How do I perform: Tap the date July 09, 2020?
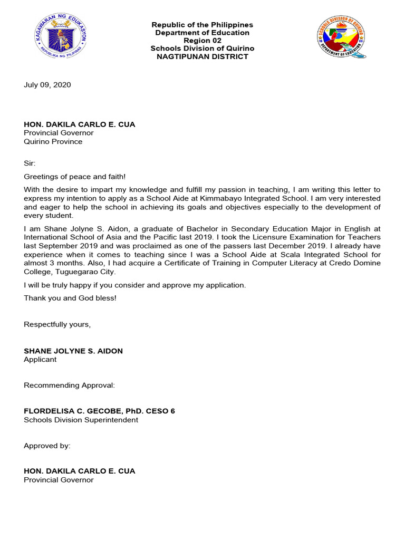coord(47,84)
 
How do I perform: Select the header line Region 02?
coord(202,41)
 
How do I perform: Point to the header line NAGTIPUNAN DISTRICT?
coord(202,56)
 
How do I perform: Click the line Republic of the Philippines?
coord(202,25)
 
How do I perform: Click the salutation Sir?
coord(30,163)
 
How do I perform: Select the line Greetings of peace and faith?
coord(75,177)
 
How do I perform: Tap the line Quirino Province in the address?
coord(53,141)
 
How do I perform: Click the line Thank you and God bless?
coord(70,298)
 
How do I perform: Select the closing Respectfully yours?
coord(57,324)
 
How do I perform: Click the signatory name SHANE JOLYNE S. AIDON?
coord(73,351)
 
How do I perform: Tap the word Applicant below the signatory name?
coord(40,359)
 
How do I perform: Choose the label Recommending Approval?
coord(69,385)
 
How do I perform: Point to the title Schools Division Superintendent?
coord(81,420)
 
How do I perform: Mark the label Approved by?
coord(47,446)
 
